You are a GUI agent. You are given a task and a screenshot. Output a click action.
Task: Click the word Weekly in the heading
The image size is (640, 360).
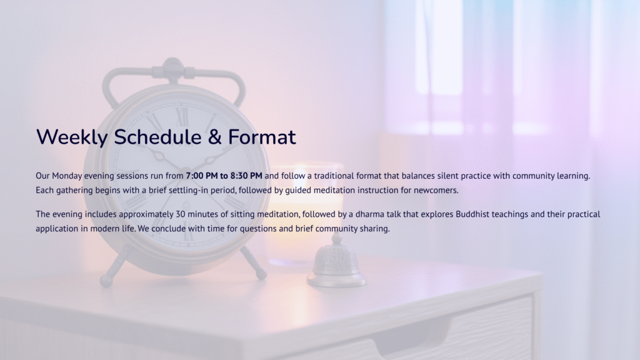coord(72,137)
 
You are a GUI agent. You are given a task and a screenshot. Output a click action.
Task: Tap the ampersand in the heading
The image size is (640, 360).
coord(214,137)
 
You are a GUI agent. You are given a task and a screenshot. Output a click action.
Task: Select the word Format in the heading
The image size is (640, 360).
coord(262,137)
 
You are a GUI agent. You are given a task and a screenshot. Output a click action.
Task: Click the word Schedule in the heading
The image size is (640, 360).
coord(157,137)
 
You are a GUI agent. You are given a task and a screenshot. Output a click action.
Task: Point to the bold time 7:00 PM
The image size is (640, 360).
coord(202,176)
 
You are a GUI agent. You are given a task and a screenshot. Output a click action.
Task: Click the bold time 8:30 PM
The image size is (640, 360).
coord(246,176)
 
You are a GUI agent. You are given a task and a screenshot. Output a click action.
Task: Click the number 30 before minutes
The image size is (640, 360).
coord(181,214)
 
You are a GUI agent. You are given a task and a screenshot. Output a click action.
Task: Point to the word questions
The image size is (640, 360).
coord(258,229)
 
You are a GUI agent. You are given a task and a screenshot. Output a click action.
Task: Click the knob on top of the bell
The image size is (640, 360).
coord(337,237)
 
